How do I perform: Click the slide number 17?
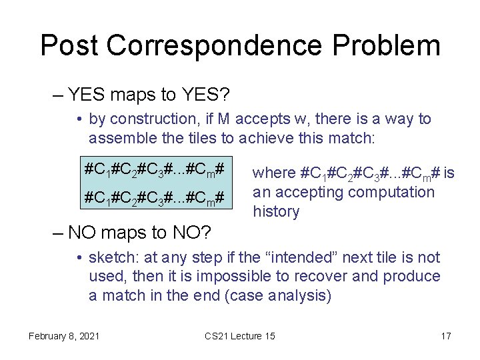coord(446,336)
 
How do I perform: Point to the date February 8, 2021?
coord(64,336)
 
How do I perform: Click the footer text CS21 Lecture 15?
coord(240,336)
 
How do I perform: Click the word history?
coord(276,212)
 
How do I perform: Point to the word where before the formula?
coord(274,173)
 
